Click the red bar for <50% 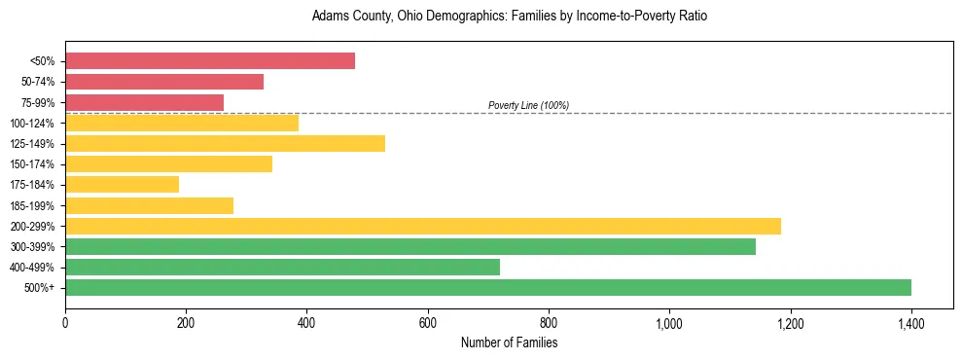pos(210,61)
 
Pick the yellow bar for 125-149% pos(225,144)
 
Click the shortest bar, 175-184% pos(122,185)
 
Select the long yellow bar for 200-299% pos(423,226)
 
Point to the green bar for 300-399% pos(410,246)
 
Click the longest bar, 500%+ pos(488,287)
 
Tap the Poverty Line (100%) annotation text pos(528,105)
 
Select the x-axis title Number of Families pos(509,342)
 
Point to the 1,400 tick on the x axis pos(910,322)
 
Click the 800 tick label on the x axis pos(549,322)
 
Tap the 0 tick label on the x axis pos(65,322)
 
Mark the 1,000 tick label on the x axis pos(669,322)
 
